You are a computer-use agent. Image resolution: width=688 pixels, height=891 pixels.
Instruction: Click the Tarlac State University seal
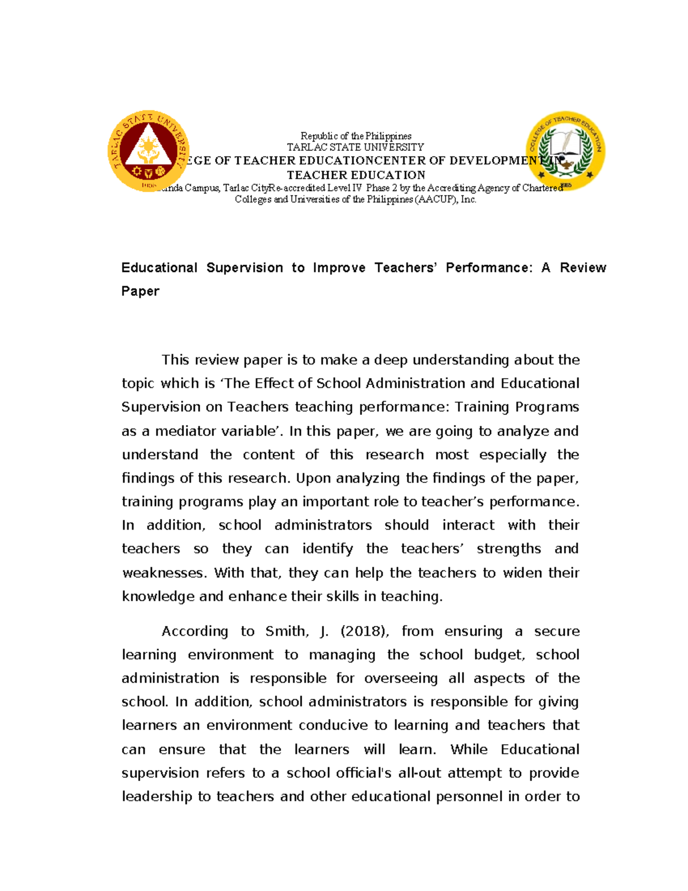click(x=148, y=151)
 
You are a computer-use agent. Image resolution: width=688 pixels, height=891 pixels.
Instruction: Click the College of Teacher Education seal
click(x=566, y=151)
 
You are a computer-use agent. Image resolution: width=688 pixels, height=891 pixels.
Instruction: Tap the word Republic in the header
click(x=319, y=136)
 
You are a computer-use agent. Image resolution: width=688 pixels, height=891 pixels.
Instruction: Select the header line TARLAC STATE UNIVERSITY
click(x=355, y=147)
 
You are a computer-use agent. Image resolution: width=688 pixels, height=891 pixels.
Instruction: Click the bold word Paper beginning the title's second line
click(x=140, y=291)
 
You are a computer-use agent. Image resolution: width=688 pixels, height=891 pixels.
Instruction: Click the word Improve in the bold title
click(x=339, y=268)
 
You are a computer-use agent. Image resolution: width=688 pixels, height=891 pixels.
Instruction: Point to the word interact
click(x=468, y=525)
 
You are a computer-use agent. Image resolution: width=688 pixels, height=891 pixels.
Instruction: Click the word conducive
click(x=333, y=725)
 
